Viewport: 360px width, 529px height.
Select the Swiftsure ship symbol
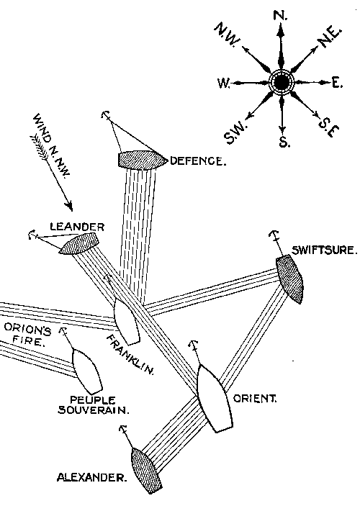[290, 279]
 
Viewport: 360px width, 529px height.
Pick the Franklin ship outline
[126, 320]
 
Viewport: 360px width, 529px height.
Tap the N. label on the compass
[282, 15]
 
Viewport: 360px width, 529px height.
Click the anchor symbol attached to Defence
[105, 116]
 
